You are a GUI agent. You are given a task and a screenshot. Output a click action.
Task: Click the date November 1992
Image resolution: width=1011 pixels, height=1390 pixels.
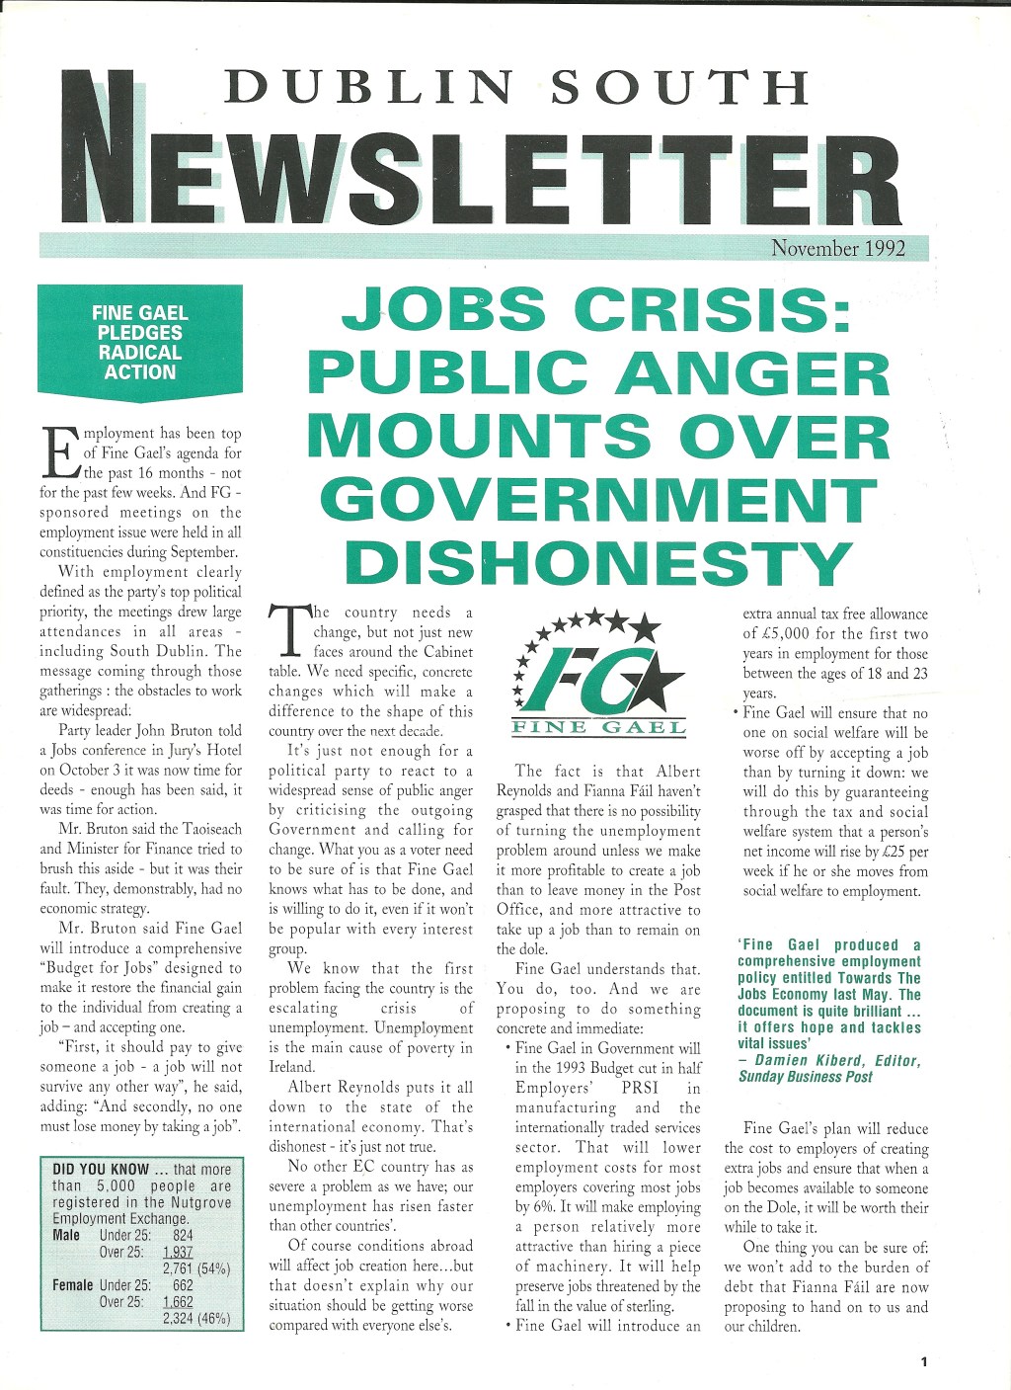[837, 248]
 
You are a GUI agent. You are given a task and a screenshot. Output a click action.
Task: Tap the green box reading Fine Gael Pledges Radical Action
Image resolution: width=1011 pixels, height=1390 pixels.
[140, 343]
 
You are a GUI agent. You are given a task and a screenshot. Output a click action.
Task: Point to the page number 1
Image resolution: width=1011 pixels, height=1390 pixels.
[924, 1361]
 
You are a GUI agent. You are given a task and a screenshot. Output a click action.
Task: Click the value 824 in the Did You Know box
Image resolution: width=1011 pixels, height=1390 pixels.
[183, 1235]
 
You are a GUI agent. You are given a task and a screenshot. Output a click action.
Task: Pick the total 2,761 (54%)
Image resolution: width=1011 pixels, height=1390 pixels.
[195, 1268]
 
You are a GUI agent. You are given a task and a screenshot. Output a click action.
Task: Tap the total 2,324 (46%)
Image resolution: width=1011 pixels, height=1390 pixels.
[195, 1318]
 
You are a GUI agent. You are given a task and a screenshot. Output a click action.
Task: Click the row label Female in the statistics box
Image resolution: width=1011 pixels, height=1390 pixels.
[73, 1285]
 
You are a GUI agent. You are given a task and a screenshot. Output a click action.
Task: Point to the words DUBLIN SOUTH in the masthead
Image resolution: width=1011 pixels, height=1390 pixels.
[516, 89]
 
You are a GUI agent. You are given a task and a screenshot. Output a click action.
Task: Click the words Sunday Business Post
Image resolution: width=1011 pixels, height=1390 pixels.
[805, 1077]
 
